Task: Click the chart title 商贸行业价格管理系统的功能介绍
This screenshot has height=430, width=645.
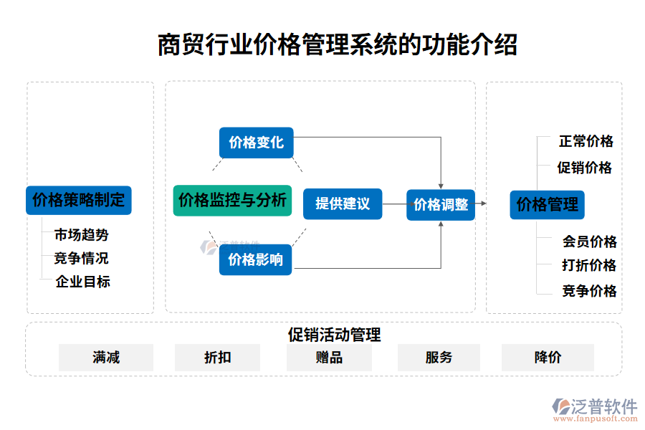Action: [x=337, y=44]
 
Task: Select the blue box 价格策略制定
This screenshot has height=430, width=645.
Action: [x=79, y=200]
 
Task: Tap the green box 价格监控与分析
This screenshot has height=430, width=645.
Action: [x=232, y=200]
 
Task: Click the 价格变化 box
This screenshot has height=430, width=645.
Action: [x=257, y=143]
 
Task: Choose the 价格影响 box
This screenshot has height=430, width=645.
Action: [x=256, y=259]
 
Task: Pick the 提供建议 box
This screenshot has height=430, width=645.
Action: [x=343, y=204]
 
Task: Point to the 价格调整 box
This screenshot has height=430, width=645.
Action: [x=441, y=204]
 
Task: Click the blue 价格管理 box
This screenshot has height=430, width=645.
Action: [x=548, y=204]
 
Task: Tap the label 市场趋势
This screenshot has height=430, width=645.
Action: [x=82, y=234]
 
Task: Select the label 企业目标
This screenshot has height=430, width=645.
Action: [x=83, y=282]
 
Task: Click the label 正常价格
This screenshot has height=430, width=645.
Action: [x=586, y=141]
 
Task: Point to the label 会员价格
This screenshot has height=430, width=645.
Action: [x=589, y=242]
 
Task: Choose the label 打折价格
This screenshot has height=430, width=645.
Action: [x=589, y=265]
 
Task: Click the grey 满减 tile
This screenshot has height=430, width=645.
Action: [x=106, y=357]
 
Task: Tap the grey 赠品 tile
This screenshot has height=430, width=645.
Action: [x=329, y=357]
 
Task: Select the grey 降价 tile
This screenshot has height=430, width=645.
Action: [x=548, y=357]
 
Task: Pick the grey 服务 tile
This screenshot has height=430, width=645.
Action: [x=439, y=357]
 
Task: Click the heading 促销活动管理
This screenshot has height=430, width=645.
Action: [x=334, y=335]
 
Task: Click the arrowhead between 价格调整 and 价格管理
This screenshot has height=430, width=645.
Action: [x=484, y=204]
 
